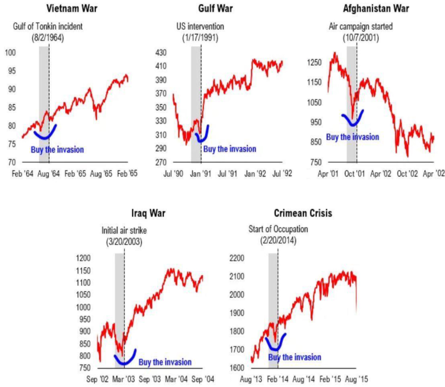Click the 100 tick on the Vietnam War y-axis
point(10,53)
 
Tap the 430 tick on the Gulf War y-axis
point(160,53)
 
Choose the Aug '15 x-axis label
point(357,379)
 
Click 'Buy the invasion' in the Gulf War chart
point(230,149)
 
